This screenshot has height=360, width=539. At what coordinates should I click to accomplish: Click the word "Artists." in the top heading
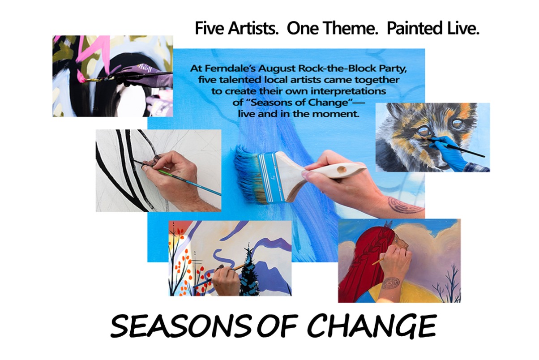point(253,28)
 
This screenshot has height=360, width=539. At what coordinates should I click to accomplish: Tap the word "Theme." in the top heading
point(347,28)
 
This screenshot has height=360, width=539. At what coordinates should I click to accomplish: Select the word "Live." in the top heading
point(463,28)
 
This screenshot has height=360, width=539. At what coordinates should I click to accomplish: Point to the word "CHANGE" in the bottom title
point(372,326)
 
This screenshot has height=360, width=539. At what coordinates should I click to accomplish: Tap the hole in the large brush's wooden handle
point(342,169)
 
